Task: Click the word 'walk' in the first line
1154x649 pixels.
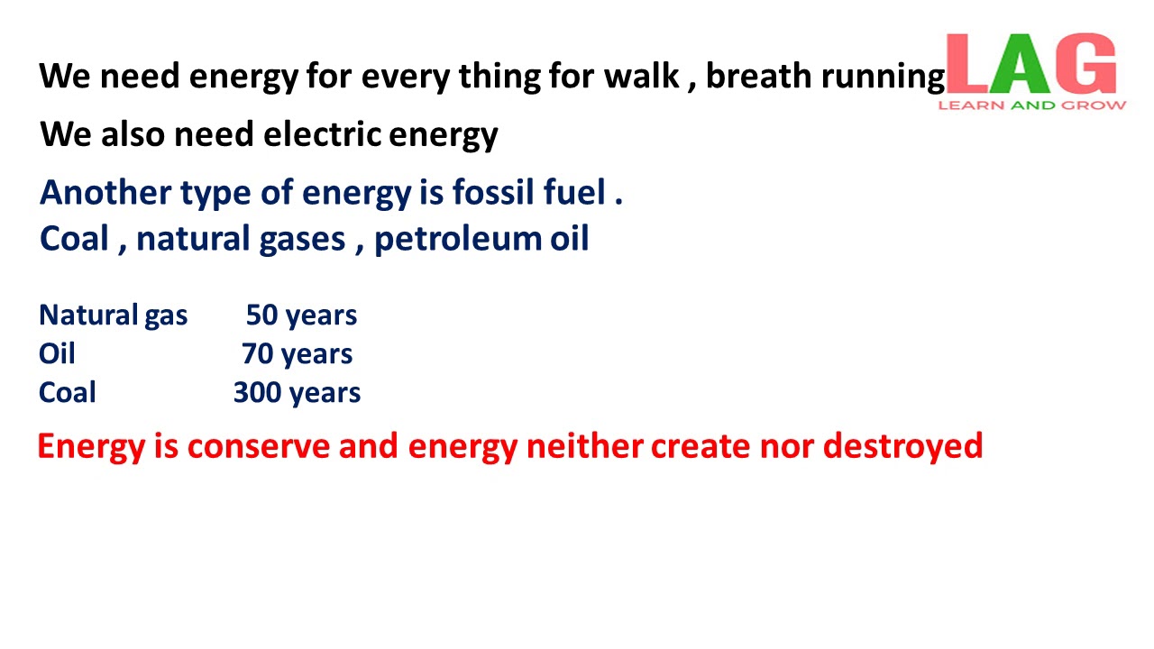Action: pyautogui.click(x=641, y=77)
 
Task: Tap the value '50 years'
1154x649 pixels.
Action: pyautogui.click(x=301, y=315)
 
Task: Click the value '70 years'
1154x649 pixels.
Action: pyautogui.click(x=297, y=354)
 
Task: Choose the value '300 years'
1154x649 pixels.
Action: pyautogui.click(x=297, y=393)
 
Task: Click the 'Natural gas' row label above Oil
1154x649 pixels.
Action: pyautogui.click(x=114, y=315)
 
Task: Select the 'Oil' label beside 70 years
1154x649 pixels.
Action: pyautogui.click(x=57, y=354)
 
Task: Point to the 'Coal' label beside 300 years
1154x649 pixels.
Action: pyautogui.click(x=68, y=393)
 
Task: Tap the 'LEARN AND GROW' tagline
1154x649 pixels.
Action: pyautogui.click(x=1031, y=105)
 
